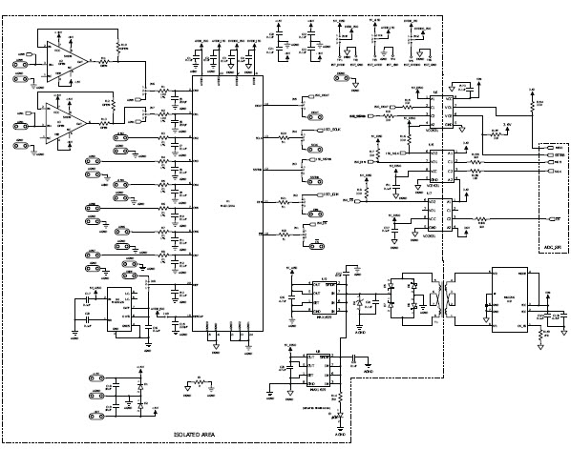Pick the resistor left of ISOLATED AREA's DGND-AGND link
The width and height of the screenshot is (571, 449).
[x=198, y=383]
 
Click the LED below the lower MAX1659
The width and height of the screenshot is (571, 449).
[x=336, y=418]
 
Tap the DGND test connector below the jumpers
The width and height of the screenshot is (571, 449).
[x=354, y=86]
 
